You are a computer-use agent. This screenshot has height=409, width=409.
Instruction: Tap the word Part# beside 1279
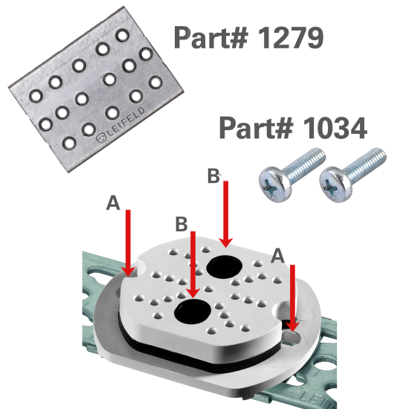pos(210,37)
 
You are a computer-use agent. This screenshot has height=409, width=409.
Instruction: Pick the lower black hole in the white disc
pos(193,313)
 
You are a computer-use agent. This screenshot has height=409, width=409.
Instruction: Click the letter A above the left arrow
pos(113,203)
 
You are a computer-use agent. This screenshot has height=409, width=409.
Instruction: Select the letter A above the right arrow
pos(277,255)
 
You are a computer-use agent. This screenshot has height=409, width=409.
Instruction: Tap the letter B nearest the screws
pos(213,176)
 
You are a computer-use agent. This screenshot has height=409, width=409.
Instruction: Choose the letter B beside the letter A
pos(180,223)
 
